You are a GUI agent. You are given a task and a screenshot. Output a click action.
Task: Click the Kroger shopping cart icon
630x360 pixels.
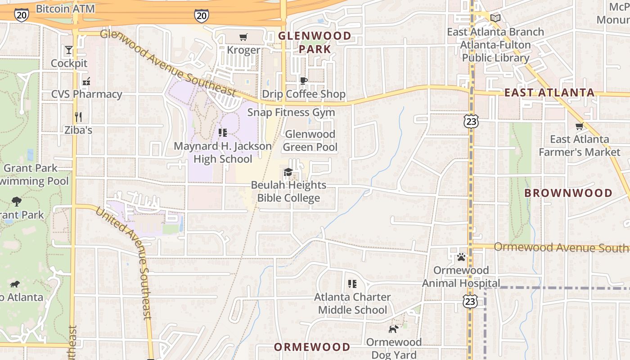click(243, 37)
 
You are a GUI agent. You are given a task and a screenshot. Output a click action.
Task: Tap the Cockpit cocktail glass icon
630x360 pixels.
click(69, 50)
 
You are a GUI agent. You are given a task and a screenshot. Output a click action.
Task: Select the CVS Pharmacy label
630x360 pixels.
click(86, 94)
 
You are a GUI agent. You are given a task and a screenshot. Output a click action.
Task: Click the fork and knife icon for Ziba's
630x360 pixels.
click(78, 117)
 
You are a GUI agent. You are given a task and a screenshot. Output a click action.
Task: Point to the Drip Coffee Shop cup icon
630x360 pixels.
click(304, 81)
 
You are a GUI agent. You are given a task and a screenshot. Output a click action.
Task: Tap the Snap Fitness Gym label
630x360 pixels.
click(291, 112)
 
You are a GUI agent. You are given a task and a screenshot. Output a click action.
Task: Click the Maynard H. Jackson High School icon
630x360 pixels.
click(222, 133)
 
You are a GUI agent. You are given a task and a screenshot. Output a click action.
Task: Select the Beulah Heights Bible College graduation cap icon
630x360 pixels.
click(288, 172)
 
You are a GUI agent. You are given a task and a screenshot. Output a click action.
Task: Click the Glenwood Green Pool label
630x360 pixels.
click(310, 140)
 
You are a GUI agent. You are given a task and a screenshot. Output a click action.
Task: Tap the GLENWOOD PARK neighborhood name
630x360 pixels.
click(315, 42)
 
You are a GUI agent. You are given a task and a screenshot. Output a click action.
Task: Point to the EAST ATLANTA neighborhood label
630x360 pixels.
click(549, 93)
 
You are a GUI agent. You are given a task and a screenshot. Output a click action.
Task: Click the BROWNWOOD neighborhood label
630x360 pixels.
click(568, 193)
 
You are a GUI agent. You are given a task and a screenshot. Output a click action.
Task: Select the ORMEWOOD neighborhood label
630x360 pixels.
click(312, 347)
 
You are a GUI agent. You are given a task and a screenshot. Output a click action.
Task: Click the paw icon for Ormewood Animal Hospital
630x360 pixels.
click(461, 257)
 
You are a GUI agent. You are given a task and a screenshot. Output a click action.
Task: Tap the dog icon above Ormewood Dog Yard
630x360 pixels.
click(394, 329)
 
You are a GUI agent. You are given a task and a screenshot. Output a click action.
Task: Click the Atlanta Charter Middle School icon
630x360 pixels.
click(352, 284)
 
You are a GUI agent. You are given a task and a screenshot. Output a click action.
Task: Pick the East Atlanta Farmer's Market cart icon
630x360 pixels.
click(580, 126)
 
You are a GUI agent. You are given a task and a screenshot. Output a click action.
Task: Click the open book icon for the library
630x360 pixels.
click(495, 18)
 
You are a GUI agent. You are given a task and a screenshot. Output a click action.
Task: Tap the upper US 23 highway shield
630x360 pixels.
click(471, 121)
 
